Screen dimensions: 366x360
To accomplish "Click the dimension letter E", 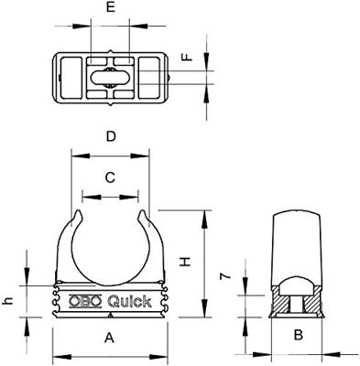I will pyautogui.click(x=111, y=10).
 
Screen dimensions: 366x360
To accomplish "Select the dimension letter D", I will pyautogui.click(x=111, y=137).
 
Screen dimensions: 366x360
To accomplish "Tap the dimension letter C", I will pyautogui.click(x=110, y=178).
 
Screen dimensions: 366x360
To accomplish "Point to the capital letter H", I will pyautogui.click(x=187, y=262).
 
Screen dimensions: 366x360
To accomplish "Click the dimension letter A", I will pyautogui.click(x=110, y=338).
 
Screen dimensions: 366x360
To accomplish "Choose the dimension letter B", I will pyautogui.click(x=298, y=336).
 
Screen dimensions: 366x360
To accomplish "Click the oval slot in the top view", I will pyautogui.click(x=112, y=70).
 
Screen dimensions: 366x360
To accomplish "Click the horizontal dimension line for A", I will pyautogui.click(x=110, y=354).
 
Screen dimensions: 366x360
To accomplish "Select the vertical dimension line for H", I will pyautogui.click(x=203, y=264).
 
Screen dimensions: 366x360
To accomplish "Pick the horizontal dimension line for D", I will pyautogui.click(x=111, y=153).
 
